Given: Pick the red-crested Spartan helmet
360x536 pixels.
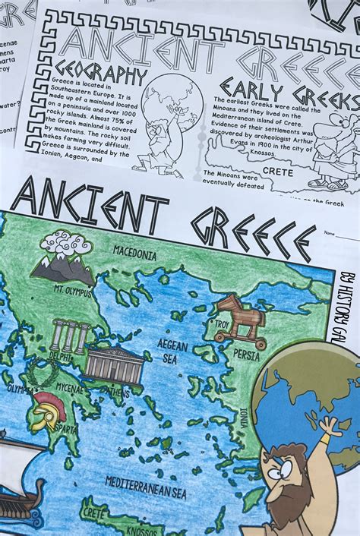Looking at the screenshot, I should point(47,409).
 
